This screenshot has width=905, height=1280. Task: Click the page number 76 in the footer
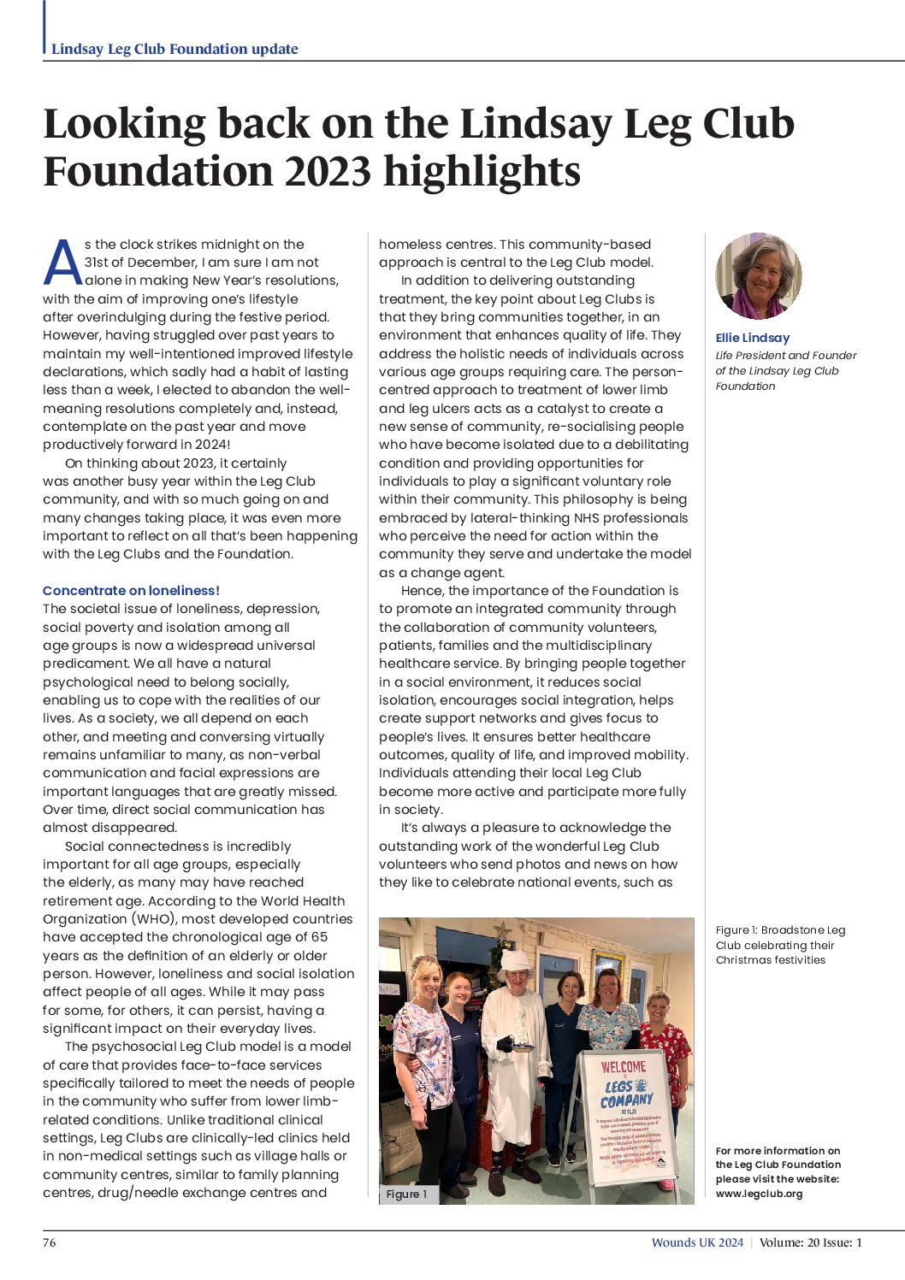coord(50,1242)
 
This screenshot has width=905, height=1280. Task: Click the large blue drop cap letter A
coord(62,262)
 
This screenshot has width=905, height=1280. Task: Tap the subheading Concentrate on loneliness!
coord(131,590)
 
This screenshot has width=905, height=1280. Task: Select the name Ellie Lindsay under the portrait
coord(752,338)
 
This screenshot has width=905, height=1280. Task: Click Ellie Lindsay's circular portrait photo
coord(758,275)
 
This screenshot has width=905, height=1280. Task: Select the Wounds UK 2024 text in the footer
coord(697,1242)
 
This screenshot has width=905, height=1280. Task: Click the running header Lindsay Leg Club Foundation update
coord(174,49)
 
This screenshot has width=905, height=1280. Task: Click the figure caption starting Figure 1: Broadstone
coord(780,945)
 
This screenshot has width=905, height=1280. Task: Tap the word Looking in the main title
coord(124,124)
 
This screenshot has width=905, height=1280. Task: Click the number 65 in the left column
coord(319,936)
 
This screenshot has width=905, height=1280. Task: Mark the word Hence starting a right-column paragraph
coord(421,590)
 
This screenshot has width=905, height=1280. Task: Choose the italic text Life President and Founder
coord(785,355)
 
